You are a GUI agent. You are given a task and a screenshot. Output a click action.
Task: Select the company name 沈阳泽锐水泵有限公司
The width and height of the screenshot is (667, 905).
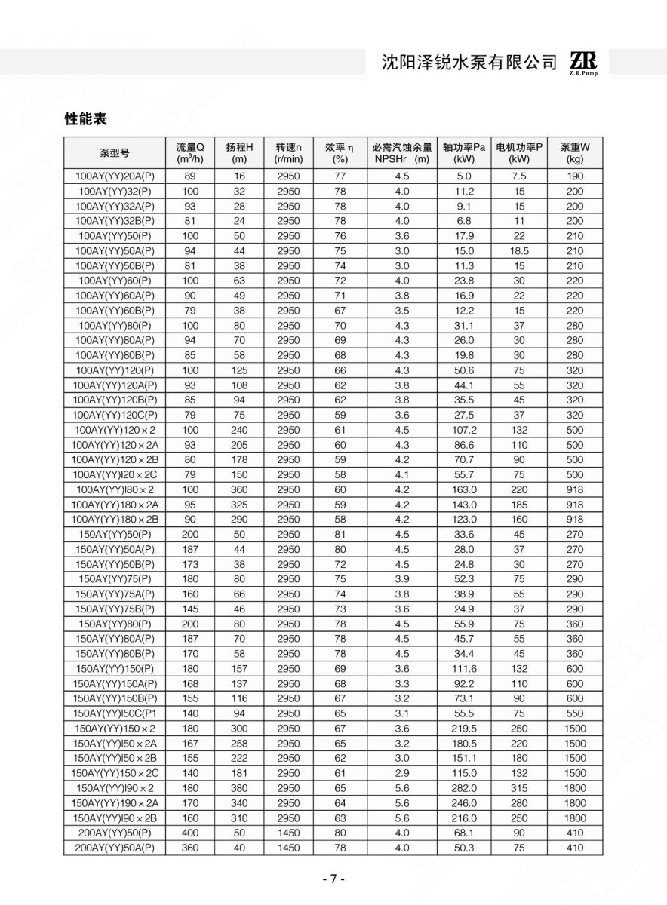[x=469, y=63]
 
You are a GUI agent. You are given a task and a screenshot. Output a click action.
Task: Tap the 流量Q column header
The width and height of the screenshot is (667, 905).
[x=190, y=152]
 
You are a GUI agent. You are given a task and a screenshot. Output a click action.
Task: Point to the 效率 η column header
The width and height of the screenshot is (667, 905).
[x=340, y=152]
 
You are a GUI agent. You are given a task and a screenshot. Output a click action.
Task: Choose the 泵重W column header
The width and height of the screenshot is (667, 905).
[x=575, y=152]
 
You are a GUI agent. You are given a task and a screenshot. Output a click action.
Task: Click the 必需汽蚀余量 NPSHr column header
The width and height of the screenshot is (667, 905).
[x=401, y=152]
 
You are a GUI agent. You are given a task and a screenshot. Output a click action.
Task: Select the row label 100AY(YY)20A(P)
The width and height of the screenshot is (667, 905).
[x=115, y=176]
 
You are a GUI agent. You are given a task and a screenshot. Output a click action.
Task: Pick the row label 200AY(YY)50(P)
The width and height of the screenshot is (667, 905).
[x=115, y=833]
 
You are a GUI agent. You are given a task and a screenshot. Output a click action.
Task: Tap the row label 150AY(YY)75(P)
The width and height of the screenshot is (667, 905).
[x=115, y=579]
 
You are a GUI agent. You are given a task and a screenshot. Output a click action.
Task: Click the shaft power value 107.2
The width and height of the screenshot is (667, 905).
[x=464, y=430]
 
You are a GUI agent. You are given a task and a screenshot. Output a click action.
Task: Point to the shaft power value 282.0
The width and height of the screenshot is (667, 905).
[x=464, y=788]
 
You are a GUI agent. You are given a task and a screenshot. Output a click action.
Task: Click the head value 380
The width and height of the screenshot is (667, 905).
[x=239, y=788]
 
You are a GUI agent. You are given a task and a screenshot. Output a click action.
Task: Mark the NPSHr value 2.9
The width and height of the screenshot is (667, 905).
[x=401, y=774]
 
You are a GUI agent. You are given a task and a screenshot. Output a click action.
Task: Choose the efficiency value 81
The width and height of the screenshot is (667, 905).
[x=340, y=535]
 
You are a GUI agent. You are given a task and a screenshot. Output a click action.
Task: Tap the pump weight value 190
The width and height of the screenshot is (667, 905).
[x=575, y=176]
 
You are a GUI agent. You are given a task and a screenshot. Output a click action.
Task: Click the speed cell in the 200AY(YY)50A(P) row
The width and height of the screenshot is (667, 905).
[x=288, y=848]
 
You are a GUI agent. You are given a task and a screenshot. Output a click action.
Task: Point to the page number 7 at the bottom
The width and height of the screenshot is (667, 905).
[x=333, y=879]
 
